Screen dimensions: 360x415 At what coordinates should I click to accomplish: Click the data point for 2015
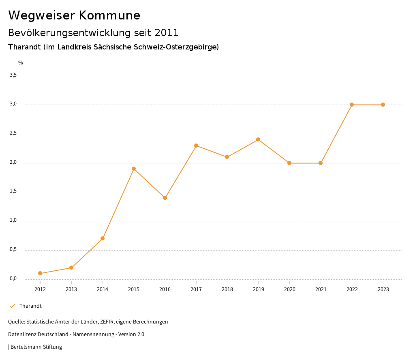click(x=134, y=169)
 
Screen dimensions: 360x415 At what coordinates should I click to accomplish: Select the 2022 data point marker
click(x=352, y=105)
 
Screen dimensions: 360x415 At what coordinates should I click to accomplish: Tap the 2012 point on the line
click(x=40, y=273)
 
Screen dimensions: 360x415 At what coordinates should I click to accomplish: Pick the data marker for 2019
click(x=258, y=139)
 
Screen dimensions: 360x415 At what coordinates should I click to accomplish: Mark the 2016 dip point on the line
click(x=165, y=198)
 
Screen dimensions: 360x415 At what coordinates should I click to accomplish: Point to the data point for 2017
click(x=196, y=146)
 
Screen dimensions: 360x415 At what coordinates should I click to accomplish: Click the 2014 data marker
click(x=103, y=238)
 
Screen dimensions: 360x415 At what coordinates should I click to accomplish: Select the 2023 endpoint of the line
click(x=383, y=105)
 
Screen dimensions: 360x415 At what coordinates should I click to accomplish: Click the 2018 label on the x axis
click(x=227, y=289)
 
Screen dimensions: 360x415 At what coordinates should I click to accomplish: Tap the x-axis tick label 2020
click(x=289, y=289)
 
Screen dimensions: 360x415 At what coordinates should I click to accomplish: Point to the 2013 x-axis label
click(x=71, y=289)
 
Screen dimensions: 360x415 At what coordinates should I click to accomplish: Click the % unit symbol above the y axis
click(x=21, y=63)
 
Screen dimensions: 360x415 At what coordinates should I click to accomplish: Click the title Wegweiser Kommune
click(x=74, y=15)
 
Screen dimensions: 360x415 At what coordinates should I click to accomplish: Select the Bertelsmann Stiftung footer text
click(x=36, y=347)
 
